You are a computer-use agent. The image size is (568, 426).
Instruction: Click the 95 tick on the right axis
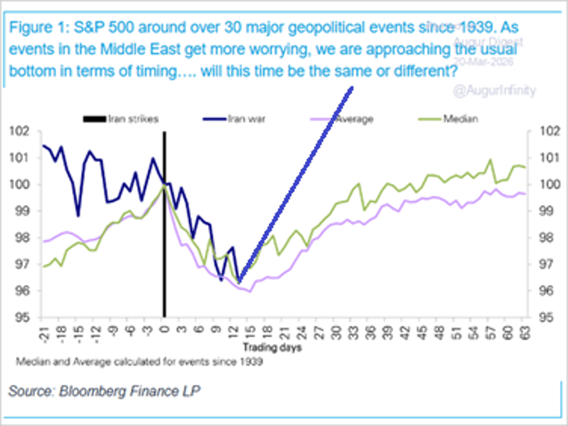539,317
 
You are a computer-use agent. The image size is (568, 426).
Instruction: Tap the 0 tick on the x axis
164,327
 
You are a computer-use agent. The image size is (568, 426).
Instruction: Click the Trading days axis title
273,348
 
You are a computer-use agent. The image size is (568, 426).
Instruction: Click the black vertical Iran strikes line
164,237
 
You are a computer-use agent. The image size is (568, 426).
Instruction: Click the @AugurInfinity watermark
494,91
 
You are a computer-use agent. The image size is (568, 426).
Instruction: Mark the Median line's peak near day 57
490,160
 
